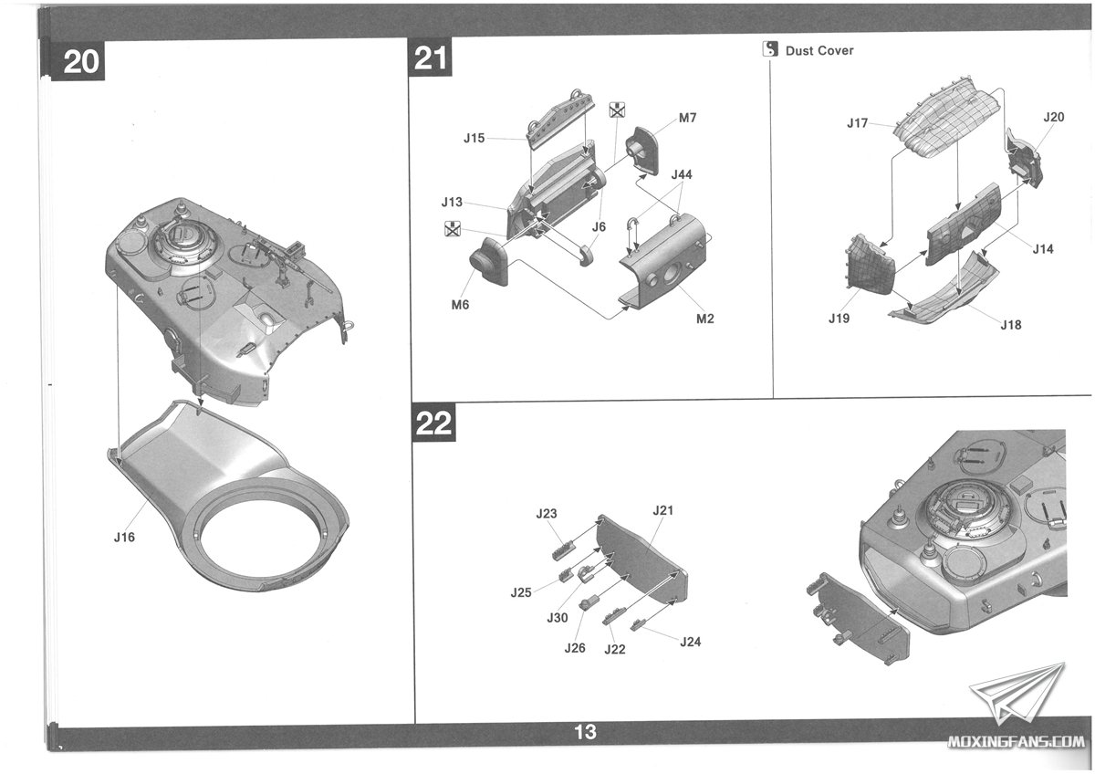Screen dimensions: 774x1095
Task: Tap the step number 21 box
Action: tap(431, 58)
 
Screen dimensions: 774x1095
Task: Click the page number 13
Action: tap(585, 731)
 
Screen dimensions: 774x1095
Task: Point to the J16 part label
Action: tap(124, 538)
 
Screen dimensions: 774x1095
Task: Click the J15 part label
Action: tap(474, 139)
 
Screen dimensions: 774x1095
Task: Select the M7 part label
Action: tap(688, 119)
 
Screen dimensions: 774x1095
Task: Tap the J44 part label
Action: tap(683, 173)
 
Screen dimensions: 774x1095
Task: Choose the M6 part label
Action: tap(460, 305)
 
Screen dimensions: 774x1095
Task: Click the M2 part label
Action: tap(704, 319)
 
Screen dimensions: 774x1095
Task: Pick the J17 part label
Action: tap(857, 123)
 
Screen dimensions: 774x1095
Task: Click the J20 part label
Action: tap(1053, 117)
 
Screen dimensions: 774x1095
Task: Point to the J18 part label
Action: tap(1011, 325)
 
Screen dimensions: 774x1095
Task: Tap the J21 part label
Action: tap(663, 510)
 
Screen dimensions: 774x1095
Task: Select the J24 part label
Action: tap(691, 642)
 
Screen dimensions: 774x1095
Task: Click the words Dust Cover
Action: tap(819, 51)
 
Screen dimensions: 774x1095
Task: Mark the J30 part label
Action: tap(558, 618)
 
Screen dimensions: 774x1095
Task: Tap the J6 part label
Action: tap(599, 226)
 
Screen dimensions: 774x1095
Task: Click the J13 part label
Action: tap(452, 202)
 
